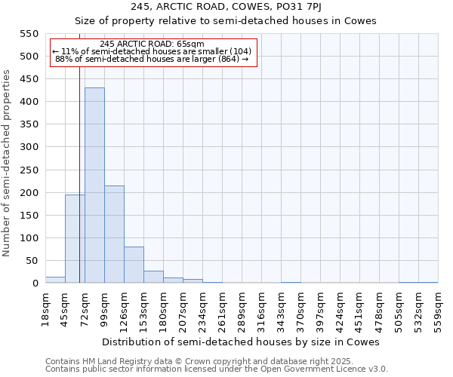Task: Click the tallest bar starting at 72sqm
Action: [x=94, y=185]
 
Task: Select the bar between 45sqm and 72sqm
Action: [x=75, y=239]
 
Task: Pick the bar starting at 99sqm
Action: [x=114, y=234]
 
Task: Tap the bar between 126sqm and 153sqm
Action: [x=134, y=265]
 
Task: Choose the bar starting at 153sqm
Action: [x=153, y=277]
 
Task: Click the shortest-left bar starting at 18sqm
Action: [x=55, y=280]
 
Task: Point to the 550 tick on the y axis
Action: [x=29, y=34]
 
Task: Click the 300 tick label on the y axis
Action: [x=29, y=148]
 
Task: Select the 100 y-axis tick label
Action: [x=29, y=238]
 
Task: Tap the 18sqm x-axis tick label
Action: [x=45, y=308]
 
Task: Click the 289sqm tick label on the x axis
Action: [x=242, y=308]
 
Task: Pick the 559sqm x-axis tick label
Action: [x=438, y=308]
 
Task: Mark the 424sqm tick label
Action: [x=340, y=308]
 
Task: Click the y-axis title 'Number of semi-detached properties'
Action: [x=7, y=163]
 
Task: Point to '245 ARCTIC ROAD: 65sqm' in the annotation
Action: [x=152, y=44]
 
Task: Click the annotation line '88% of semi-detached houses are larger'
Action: [x=152, y=59]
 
